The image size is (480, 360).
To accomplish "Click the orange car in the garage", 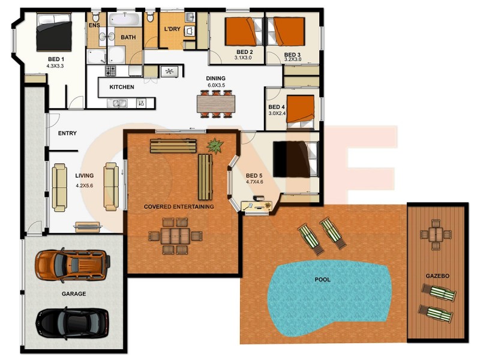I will coord(73,264).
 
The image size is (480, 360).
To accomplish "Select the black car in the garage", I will coord(73,323).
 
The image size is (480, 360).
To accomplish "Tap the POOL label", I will coord(322,280).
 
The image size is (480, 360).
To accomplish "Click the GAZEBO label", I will coord(437,276).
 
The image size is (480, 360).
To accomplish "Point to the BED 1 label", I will coord(55,59).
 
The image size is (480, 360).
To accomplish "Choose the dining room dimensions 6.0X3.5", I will coord(215,86).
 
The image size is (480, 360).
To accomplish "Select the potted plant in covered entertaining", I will coord(215,145).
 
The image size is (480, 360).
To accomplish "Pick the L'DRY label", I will coord(172,29).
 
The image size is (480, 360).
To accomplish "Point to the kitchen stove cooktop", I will coord(110,71).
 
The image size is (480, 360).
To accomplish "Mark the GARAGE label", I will coord(74,294).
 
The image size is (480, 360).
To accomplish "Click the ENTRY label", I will coord(67,133).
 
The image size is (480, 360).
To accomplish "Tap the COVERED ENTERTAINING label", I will coord(179,207).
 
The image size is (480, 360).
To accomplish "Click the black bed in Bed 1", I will coord(54,32).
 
